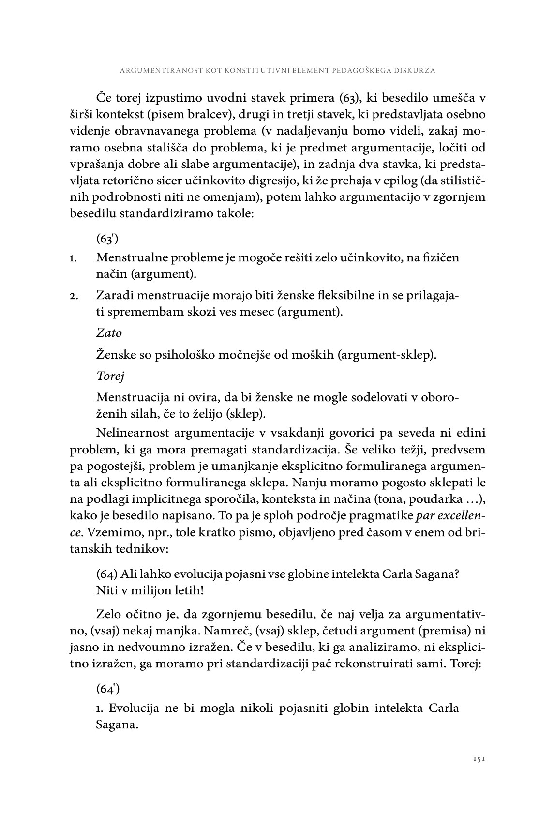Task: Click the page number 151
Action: [x=479, y=759]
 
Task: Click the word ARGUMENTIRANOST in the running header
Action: [x=154, y=70]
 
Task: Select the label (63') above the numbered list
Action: [x=107, y=239]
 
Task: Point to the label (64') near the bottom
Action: [x=107, y=687]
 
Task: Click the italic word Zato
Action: [x=109, y=333]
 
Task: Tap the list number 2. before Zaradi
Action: [x=74, y=295]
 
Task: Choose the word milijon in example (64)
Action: [x=149, y=590]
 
